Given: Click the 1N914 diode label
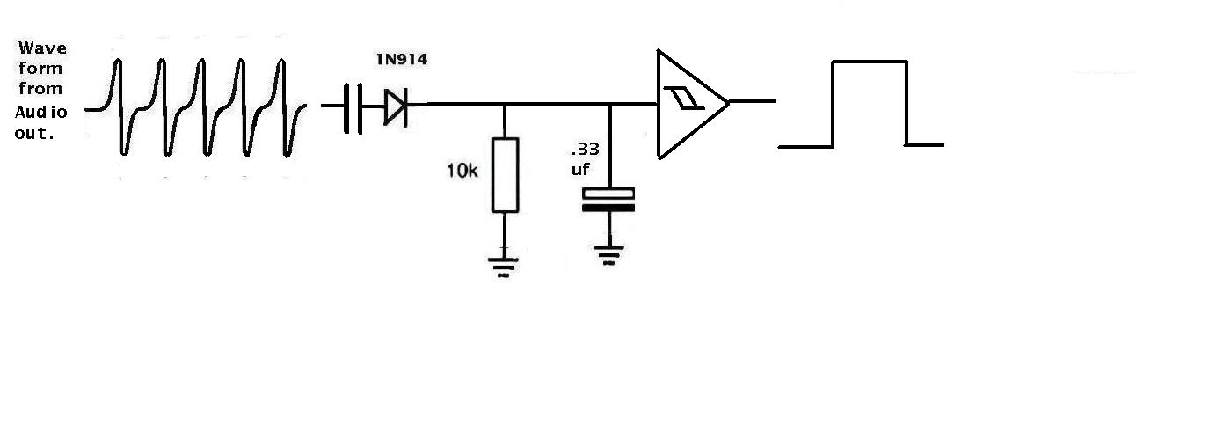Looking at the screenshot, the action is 402,60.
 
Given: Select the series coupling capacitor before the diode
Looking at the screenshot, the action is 353,108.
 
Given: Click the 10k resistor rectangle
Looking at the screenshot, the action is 505,175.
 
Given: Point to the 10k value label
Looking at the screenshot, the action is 463,171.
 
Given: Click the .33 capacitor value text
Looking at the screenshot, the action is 585,149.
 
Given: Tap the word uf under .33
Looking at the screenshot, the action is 580,169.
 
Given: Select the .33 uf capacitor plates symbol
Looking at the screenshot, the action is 608,201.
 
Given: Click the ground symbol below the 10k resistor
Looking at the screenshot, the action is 503,267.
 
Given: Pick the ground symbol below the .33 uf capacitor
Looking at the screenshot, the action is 608,255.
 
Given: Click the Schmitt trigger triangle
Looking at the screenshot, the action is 693,104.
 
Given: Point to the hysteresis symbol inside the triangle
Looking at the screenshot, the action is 684,99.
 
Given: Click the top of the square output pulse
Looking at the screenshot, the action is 870,62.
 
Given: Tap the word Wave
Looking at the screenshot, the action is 42,48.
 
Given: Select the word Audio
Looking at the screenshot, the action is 41,113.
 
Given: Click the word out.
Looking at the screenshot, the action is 34,134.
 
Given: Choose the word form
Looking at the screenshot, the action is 40,69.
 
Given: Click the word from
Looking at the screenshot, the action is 40,89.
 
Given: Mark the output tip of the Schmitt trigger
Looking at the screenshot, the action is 729,102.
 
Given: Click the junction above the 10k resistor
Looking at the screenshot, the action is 505,104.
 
